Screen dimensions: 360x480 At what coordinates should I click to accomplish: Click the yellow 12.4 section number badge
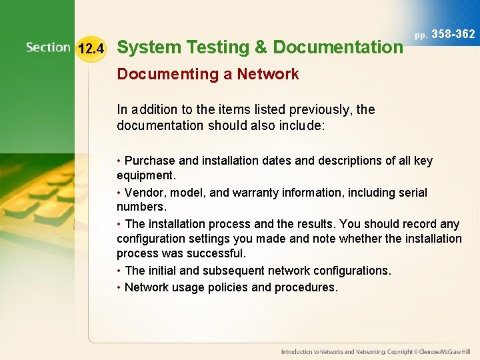pyautogui.click(x=91, y=48)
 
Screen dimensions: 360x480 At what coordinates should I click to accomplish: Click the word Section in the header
pyautogui.click(x=48, y=47)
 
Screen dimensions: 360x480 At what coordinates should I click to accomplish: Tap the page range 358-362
pyautogui.click(x=453, y=34)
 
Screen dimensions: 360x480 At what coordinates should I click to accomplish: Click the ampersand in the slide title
pyautogui.click(x=261, y=47)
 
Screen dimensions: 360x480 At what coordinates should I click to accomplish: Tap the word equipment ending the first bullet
pyautogui.click(x=145, y=175)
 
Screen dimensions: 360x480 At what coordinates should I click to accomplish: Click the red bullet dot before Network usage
pyautogui.click(x=119, y=287)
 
